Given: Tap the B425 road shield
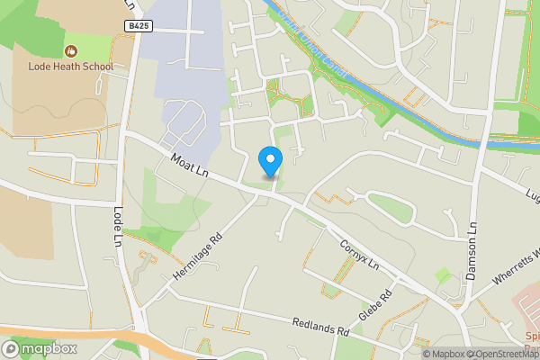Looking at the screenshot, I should [138, 27].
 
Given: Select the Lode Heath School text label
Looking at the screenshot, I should [70, 67].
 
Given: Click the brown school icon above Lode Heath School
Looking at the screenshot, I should [70, 50].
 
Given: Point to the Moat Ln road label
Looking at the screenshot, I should [192, 166].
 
